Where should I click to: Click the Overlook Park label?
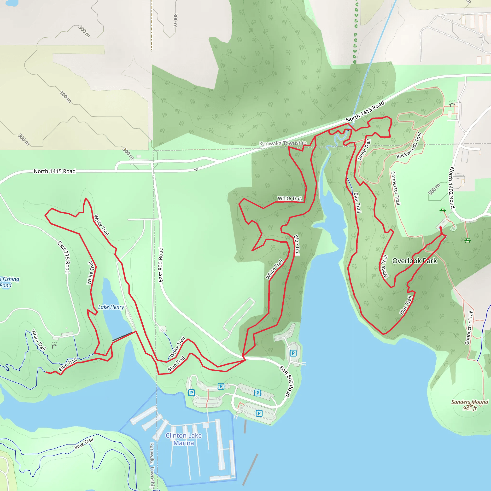pos(415,261)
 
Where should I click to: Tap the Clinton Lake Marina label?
pos(183,439)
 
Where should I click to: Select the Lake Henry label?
pos(111,307)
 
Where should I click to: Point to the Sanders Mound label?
pos(470,402)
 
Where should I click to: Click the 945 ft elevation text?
pos(470,408)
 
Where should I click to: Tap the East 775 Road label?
pos(64,257)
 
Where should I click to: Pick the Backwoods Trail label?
pos(409,146)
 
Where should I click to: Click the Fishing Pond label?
pos(9,282)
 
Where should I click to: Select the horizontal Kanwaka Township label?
pos(283,143)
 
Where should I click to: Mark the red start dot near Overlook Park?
pos(441,228)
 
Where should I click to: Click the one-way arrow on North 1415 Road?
pos(196,169)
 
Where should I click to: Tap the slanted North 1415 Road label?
pos(365,111)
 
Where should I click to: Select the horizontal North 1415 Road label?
pos(55,171)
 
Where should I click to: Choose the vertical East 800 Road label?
pos(161,265)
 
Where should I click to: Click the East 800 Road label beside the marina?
pos(287,381)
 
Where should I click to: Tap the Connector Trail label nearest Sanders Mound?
pos(469,328)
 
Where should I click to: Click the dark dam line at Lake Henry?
pos(123,336)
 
